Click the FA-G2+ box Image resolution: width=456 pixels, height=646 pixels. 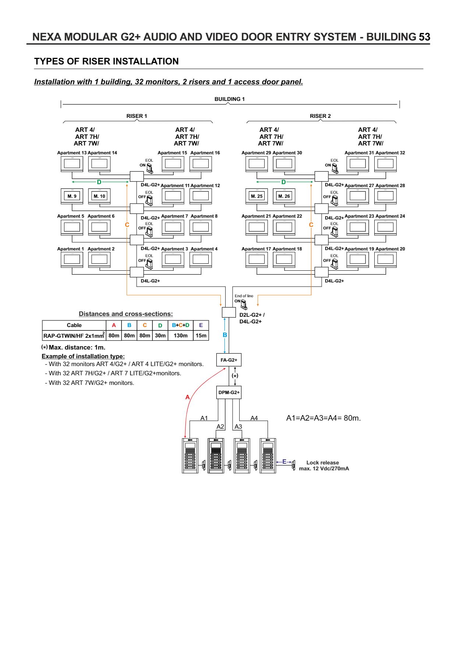tap(229, 360)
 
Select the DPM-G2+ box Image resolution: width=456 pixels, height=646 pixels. tap(229, 392)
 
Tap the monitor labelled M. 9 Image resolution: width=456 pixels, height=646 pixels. tap(72, 197)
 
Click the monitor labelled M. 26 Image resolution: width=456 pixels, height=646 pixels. tap(284, 197)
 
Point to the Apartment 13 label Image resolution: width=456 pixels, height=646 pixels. tap(72, 153)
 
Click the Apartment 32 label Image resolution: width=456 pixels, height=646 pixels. tap(390, 153)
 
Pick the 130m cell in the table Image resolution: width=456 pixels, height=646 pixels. tap(180, 336)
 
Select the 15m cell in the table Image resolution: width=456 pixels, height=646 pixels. tap(201, 336)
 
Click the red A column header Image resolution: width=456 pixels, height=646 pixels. tap(114, 325)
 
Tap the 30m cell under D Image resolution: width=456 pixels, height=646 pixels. tap(160, 336)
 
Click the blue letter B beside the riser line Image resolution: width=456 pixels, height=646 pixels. tap(225, 335)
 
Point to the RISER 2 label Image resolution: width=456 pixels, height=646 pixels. tap(320, 116)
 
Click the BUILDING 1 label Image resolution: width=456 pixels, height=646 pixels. tap(230, 99)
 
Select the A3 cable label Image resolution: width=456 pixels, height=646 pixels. tap(238, 426)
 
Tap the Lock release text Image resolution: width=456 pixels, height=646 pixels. tap(322, 463)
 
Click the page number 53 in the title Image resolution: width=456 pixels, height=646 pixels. tap(424, 37)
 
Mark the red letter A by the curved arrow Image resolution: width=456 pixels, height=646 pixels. tap(187, 397)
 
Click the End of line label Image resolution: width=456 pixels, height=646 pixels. tap(244, 296)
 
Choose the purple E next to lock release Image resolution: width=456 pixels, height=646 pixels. tap(284, 461)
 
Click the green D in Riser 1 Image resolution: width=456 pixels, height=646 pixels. tap(99, 182)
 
